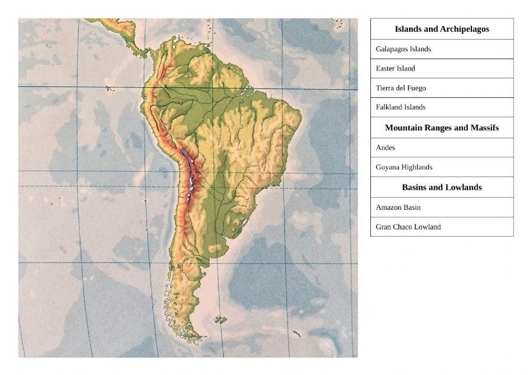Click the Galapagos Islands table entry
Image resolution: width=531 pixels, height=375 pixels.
pyautogui.click(x=404, y=49)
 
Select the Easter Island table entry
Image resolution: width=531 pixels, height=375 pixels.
pyautogui.click(x=396, y=68)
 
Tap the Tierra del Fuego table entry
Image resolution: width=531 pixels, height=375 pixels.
pyautogui.click(x=401, y=88)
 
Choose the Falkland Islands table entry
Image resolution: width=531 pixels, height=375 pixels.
pyautogui.click(x=401, y=107)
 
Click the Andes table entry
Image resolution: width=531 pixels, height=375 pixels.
pyautogui.click(x=386, y=148)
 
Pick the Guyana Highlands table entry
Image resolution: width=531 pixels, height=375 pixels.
pyautogui.click(x=404, y=167)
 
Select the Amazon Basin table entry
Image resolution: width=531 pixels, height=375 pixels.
pyautogui.click(x=398, y=207)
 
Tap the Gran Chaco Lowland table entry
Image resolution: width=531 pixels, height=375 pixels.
pyautogui.click(x=408, y=227)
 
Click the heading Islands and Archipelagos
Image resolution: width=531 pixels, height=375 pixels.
pyautogui.click(x=442, y=29)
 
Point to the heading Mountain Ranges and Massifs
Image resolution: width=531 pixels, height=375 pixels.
pyautogui.click(x=442, y=128)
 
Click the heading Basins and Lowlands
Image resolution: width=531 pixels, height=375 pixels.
pyautogui.click(x=442, y=187)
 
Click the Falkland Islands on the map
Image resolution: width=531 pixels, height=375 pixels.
pyautogui.click(x=220, y=320)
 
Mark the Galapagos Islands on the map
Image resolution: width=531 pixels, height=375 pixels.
pyautogui.click(x=110, y=89)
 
